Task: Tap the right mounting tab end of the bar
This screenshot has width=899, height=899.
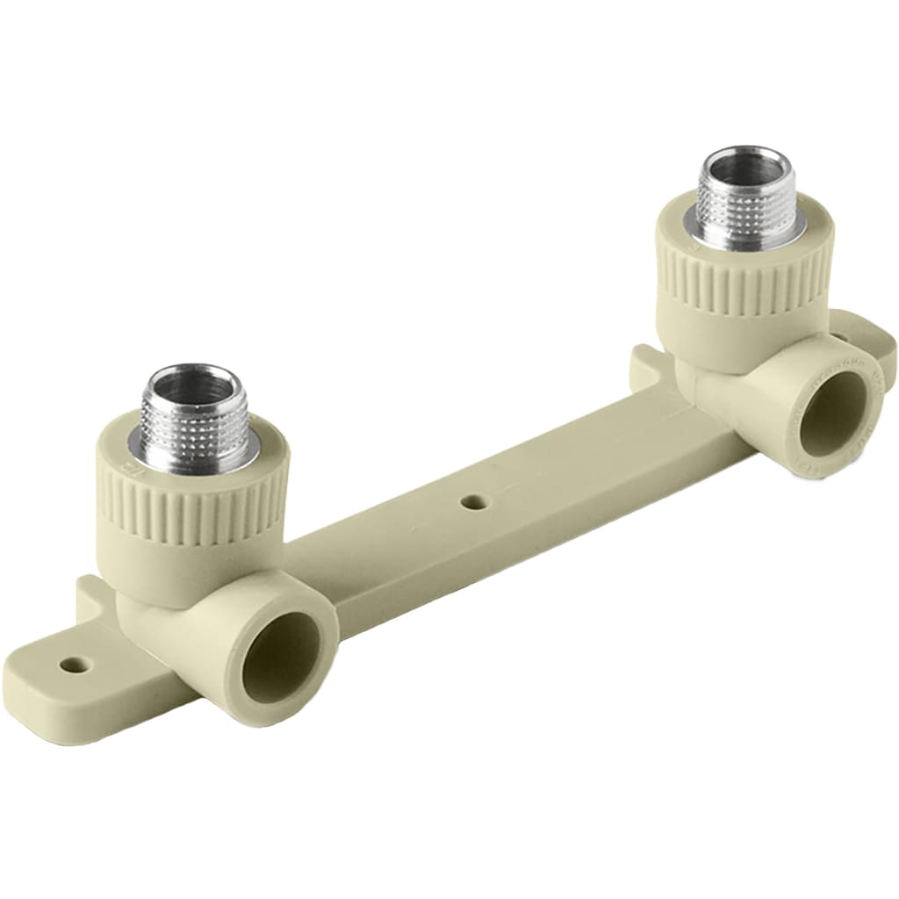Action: pyautogui.click(x=878, y=338)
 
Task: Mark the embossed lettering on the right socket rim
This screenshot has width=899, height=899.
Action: pyautogui.click(x=869, y=386)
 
